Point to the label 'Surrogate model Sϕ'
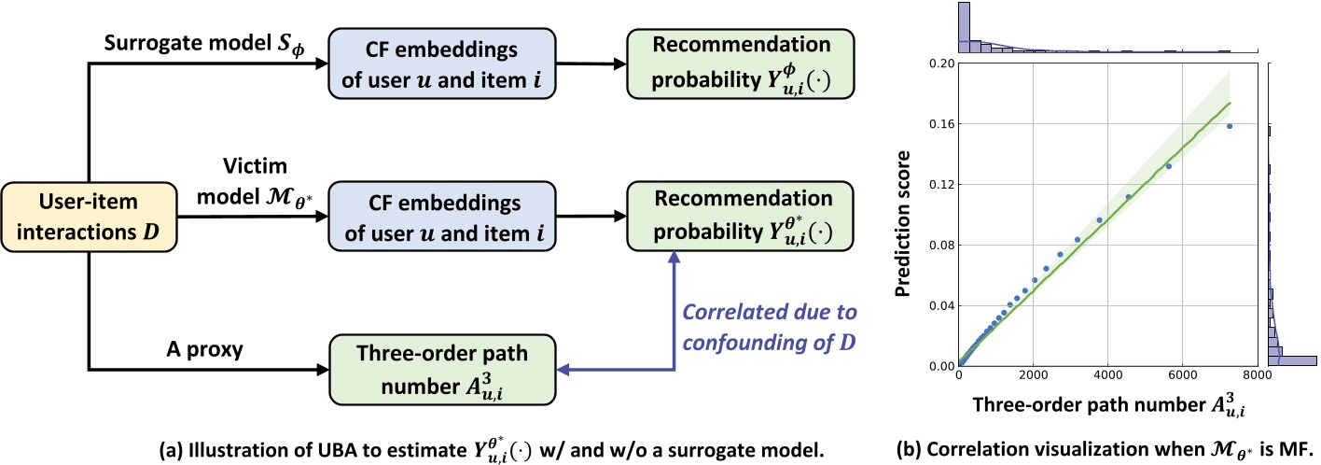190,47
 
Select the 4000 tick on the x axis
1107,378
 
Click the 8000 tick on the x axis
1256,378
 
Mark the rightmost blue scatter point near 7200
1230,126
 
